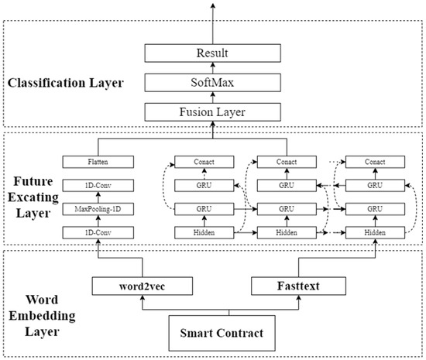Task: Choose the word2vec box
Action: [x=133, y=286]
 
